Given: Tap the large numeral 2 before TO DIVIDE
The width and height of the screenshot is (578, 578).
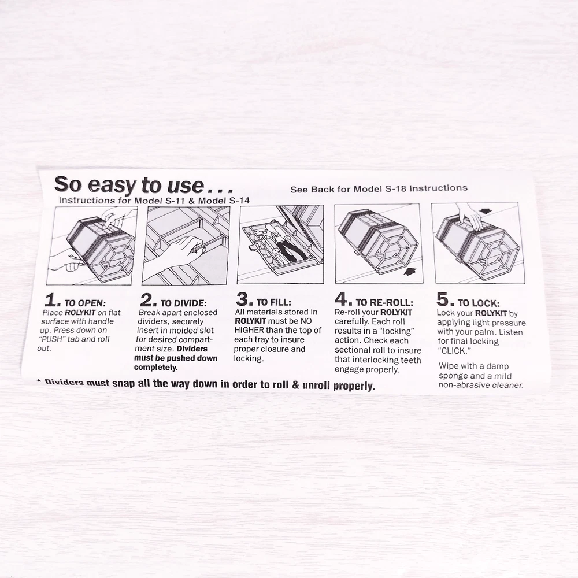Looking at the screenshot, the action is [147, 300].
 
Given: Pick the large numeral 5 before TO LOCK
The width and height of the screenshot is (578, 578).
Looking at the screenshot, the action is [443, 299].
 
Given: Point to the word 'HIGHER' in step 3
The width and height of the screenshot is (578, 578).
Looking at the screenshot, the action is [249, 330].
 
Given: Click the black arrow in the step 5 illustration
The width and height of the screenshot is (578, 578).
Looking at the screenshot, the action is [486, 211].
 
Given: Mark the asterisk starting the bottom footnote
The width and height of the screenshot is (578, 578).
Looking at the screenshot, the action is [39, 381].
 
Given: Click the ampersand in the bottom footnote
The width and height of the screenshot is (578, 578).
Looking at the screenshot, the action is [295, 385].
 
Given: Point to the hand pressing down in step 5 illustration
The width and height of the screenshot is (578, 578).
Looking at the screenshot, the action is [469, 216].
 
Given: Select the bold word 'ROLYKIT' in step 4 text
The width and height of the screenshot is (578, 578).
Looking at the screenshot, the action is [397, 312].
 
